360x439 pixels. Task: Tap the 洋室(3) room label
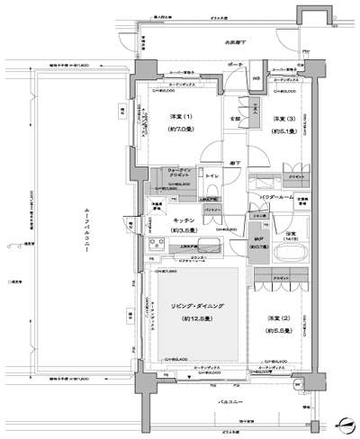(278, 120)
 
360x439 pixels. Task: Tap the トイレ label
(212, 176)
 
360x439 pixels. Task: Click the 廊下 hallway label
(232, 160)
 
